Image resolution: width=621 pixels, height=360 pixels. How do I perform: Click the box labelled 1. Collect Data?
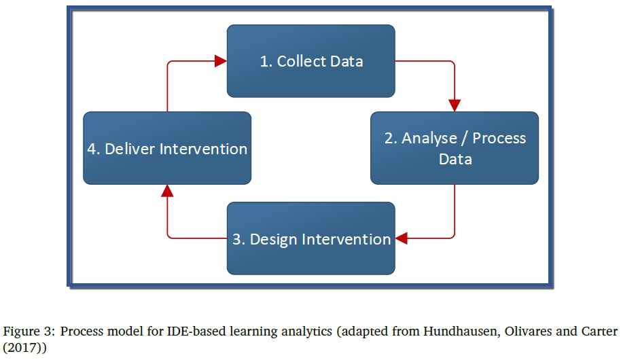311,61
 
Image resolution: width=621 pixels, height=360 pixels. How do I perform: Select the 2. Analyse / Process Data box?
455,148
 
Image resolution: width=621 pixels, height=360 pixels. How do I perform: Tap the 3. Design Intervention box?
311,238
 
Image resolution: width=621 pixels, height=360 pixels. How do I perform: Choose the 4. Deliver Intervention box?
167,148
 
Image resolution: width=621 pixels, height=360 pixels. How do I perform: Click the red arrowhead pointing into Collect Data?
221,61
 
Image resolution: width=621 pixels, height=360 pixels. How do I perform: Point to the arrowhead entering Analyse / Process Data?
455,105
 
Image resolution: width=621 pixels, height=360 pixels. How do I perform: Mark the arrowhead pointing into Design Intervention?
401,238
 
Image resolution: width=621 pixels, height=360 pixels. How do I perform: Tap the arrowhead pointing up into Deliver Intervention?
167,191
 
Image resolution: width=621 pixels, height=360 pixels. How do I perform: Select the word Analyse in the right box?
429,138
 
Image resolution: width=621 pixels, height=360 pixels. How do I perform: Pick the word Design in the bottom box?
274,240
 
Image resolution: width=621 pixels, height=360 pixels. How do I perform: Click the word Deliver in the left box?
130,149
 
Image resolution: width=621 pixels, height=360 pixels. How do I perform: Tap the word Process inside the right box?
499,138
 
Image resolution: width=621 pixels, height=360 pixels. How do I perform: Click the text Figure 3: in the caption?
30,331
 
